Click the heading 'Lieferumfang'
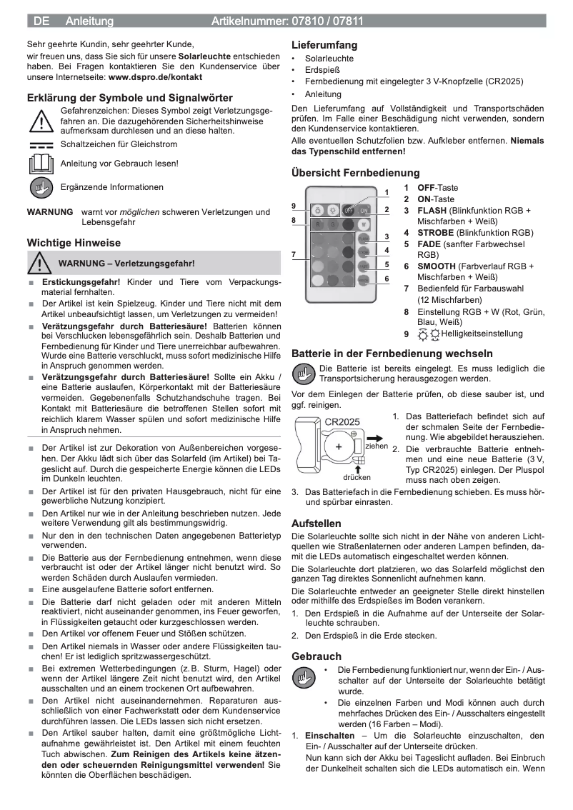point(324,45)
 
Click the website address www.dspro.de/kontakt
point(155,76)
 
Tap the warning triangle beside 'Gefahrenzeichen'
point(41,121)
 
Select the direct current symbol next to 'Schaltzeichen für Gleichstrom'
point(41,145)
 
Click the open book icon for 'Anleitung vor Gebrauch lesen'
point(41,164)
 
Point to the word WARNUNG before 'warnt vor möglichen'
point(49,212)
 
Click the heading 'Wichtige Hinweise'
point(74,243)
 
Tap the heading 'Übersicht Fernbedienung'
point(355,172)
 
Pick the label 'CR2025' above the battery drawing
point(342,422)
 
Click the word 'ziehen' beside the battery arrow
point(377,446)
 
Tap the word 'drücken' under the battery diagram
point(357,477)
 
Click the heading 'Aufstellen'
point(316,523)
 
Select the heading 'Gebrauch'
point(317,656)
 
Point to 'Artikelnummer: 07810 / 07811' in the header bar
point(287,21)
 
